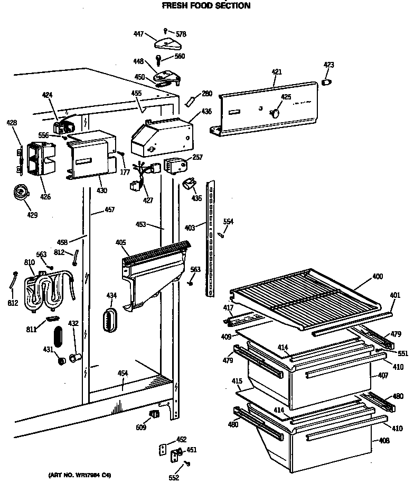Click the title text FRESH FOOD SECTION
(x=206, y=6)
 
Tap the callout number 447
(x=138, y=33)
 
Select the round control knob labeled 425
(x=274, y=112)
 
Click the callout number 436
(x=206, y=112)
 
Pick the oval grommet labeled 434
(x=110, y=319)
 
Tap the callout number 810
(x=29, y=262)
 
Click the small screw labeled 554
(x=222, y=234)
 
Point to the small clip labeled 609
(x=155, y=413)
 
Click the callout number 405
(x=120, y=242)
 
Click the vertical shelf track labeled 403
(x=212, y=238)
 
